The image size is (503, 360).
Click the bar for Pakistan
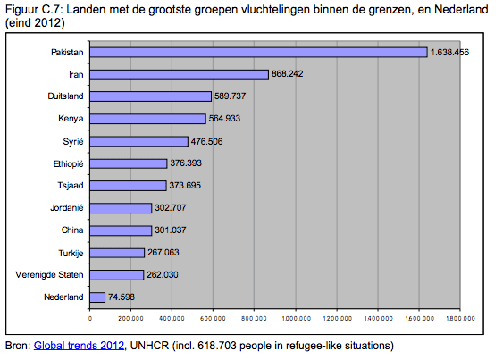(259, 53)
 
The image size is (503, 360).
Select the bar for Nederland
(98, 297)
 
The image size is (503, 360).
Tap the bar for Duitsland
(151, 96)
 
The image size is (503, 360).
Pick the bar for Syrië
(139, 141)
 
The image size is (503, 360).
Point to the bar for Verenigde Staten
(118, 274)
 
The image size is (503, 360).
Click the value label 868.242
(287, 74)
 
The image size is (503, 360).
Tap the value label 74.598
(123, 297)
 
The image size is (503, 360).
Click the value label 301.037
(172, 230)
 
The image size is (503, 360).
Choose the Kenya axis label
(71, 119)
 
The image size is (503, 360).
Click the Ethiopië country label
(68, 163)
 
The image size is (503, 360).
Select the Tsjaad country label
(70, 186)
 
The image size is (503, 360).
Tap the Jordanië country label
(68, 208)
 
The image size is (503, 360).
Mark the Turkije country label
(71, 252)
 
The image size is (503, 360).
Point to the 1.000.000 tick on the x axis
(297, 317)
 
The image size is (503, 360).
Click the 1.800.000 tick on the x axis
(460, 317)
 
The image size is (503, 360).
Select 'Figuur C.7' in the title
(29, 10)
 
